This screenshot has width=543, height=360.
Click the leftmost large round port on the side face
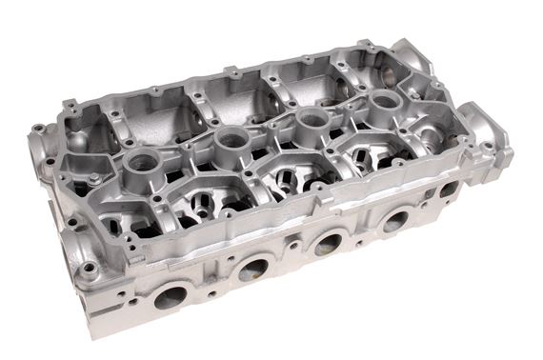[x=170, y=298]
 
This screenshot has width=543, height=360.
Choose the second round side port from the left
[x=252, y=270]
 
